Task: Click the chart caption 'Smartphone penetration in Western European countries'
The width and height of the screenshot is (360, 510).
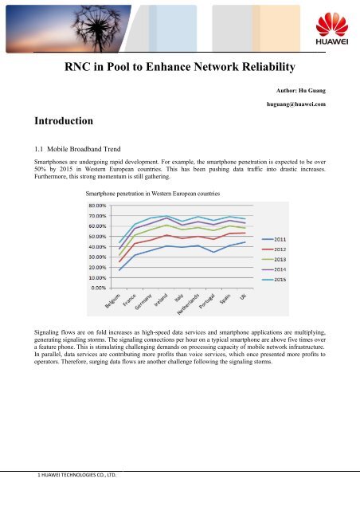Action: click(x=159, y=194)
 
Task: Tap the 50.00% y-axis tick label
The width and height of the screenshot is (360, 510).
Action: click(x=98, y=236)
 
